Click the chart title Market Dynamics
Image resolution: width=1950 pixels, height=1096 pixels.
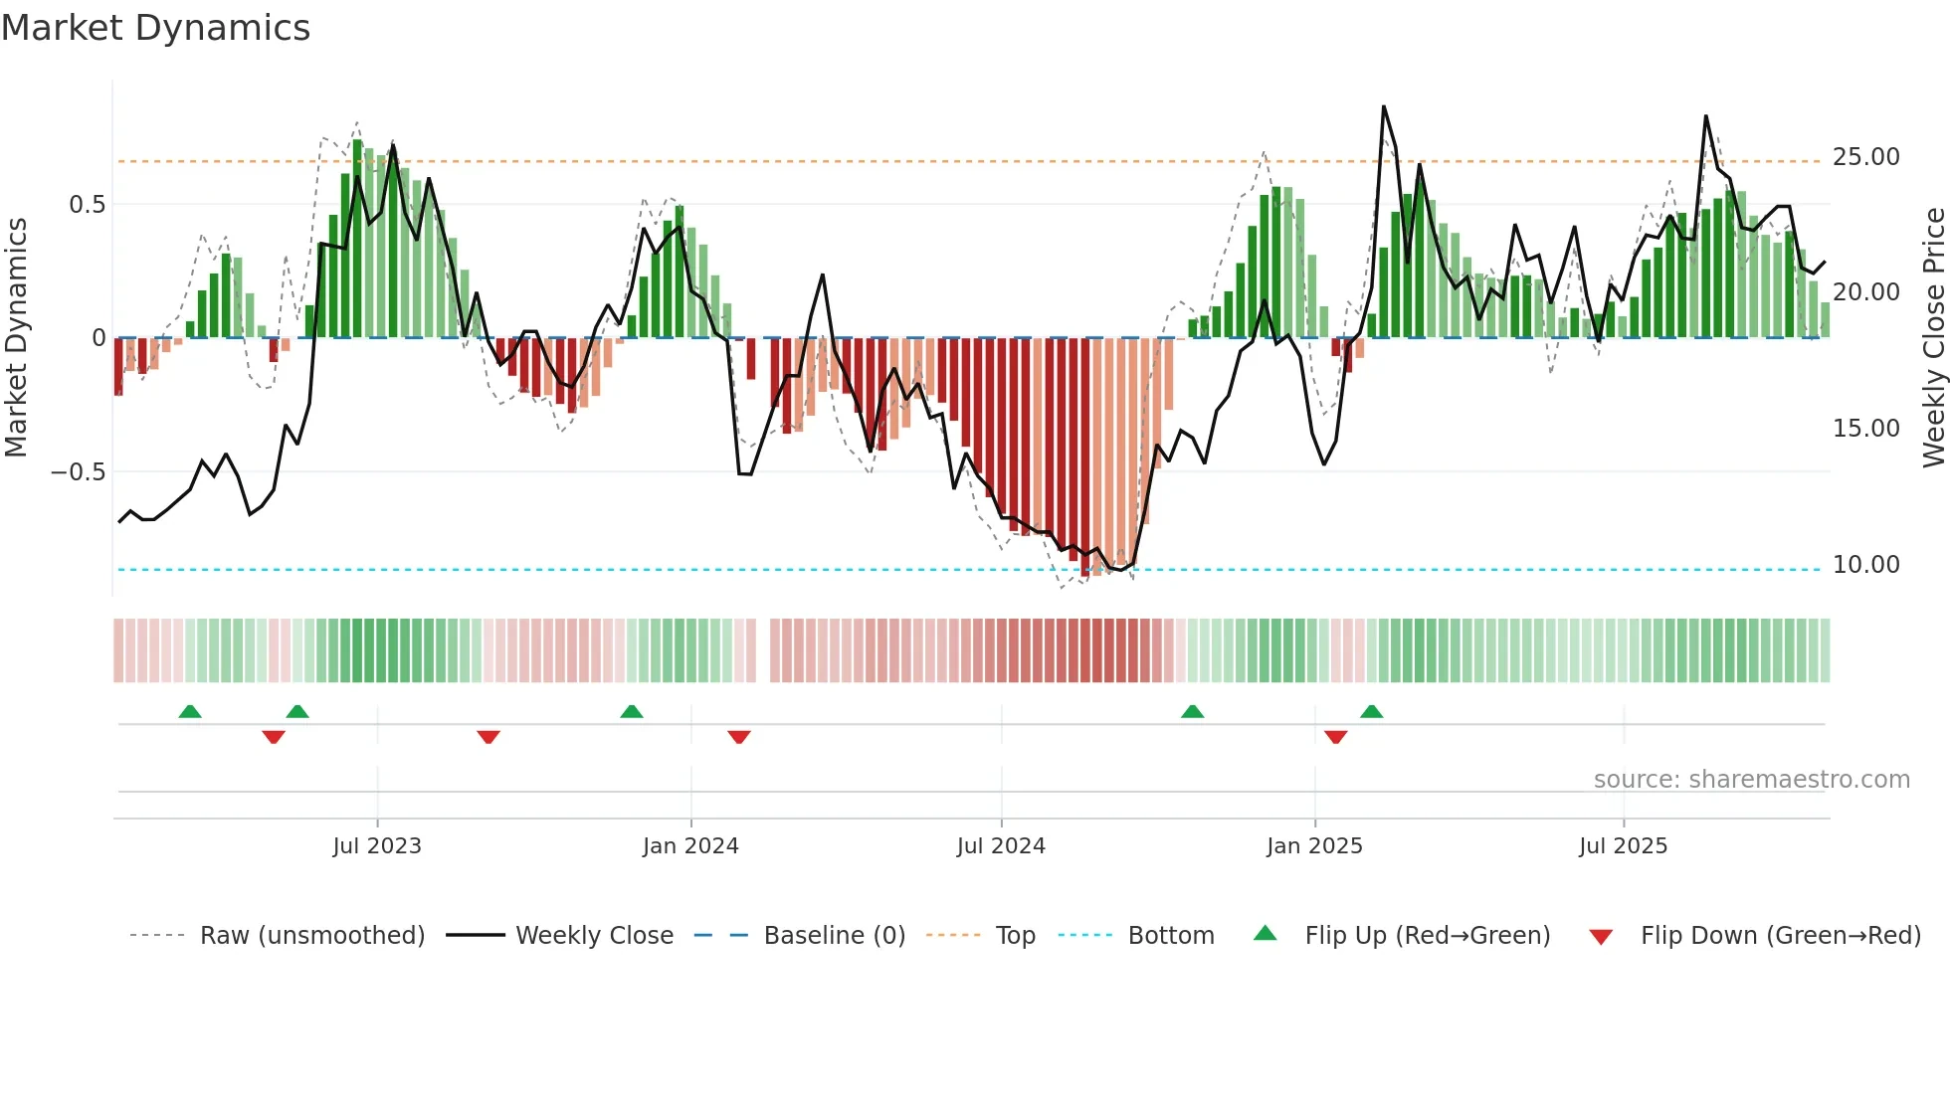pos(155,28)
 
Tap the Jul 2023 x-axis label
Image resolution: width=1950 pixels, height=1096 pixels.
pos(377,846)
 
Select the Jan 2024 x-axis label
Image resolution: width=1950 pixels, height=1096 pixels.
pos(690,846)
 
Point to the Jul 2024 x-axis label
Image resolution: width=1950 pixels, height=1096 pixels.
pos(1001,846)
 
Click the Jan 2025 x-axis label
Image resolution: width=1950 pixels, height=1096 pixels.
pos(1314,846)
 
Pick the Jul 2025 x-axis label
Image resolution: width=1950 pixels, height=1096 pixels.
pos(1623,846)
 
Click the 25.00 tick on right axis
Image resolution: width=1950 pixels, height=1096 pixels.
pos(1865,157)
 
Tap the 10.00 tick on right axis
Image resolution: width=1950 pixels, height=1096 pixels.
pos(1865,565)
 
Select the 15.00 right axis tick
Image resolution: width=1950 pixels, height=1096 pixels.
pos(1865,429)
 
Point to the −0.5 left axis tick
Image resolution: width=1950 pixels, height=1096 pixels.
pos(79,472)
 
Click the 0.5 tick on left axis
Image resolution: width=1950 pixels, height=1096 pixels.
pos(87,205)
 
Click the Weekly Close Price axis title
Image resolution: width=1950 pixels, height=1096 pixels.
pos(1933,337)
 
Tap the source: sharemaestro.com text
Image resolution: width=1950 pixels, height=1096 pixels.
pos(1751,780)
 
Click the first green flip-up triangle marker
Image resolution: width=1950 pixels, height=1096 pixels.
pos(190,711)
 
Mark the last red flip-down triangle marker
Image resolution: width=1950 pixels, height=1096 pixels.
pos(1336,737)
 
